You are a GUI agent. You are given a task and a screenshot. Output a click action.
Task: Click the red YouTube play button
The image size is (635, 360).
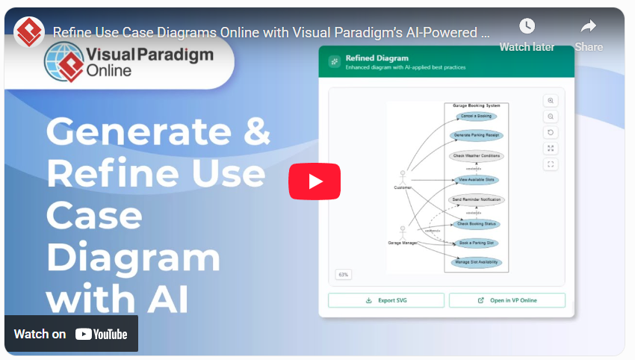[315, 181]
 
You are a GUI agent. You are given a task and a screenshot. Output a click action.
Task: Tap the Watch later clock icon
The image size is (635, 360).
[527, 26]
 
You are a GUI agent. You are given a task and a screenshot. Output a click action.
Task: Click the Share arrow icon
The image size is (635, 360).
[589, 27]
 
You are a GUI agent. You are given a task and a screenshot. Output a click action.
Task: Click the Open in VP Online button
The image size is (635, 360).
[507, 300]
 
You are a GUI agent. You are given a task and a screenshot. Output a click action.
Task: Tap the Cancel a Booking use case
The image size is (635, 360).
[476, 117]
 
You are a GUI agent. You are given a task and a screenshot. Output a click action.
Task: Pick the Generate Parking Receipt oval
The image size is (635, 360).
[476, 135]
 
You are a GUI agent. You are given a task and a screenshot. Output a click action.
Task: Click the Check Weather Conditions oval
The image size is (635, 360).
[476, 156]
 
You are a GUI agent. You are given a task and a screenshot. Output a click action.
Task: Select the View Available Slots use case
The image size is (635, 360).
[477, 180]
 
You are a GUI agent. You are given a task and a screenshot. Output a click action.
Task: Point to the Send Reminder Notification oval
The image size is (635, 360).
[476, 200]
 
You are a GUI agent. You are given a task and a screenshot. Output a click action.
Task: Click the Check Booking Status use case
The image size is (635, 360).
[477, 224]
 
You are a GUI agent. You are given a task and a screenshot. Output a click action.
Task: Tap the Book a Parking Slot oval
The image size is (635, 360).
[477, 243]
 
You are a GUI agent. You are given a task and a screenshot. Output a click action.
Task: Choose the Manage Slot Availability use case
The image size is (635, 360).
[477, 262]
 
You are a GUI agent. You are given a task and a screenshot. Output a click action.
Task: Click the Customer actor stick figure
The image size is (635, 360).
[403, 176]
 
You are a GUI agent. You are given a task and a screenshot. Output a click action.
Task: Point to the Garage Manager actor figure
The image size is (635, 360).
[403, 232]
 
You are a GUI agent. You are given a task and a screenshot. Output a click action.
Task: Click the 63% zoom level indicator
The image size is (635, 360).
[344, 275]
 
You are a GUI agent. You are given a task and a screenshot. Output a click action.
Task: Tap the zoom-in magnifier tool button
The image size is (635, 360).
[551, 101]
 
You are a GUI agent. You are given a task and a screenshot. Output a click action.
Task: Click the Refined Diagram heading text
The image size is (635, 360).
[377, 58]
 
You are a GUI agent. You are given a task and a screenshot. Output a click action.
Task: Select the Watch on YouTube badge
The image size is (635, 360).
[71, 334]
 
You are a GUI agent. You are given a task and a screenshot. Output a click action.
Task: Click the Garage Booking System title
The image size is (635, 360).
[476, 106]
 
